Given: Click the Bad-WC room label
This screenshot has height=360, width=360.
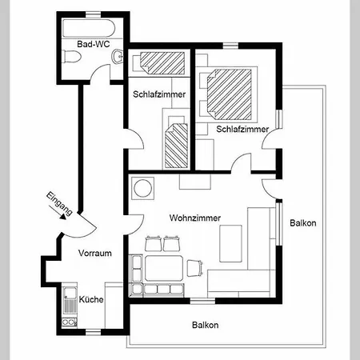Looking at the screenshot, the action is [94, 44].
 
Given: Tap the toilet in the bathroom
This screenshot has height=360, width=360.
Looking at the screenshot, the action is [71, 56].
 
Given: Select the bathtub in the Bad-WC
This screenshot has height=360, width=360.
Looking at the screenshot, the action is [89, 28].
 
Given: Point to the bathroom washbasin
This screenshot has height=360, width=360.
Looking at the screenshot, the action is [118, 57].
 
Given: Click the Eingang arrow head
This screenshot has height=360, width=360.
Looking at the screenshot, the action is [63, 217].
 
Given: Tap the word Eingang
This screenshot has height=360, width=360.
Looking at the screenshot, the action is [59, 203].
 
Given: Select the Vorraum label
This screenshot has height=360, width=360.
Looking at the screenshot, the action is [95, 253].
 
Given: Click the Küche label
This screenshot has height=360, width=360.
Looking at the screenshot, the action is [91, 299].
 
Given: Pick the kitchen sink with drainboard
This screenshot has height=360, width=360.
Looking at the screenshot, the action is [70, 300].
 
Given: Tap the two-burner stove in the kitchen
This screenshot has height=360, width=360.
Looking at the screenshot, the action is [70, 322].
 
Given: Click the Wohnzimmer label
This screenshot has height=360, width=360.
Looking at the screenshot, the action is [195, 218].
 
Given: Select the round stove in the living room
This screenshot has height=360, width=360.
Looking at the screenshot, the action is [143, 188].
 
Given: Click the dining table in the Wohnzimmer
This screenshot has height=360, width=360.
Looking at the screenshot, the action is [164, 268].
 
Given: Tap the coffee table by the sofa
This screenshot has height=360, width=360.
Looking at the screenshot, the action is [230, 243].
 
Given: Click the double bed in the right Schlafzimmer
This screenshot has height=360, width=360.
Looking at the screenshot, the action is [229, 94].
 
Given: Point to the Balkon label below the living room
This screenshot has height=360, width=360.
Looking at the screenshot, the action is [206, 325].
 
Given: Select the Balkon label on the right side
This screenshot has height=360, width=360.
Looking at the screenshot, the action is [303, 223].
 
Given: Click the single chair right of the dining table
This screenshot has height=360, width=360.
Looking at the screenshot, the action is [195, 268].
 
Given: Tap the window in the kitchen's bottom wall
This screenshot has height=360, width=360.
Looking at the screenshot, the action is [93, 332].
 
